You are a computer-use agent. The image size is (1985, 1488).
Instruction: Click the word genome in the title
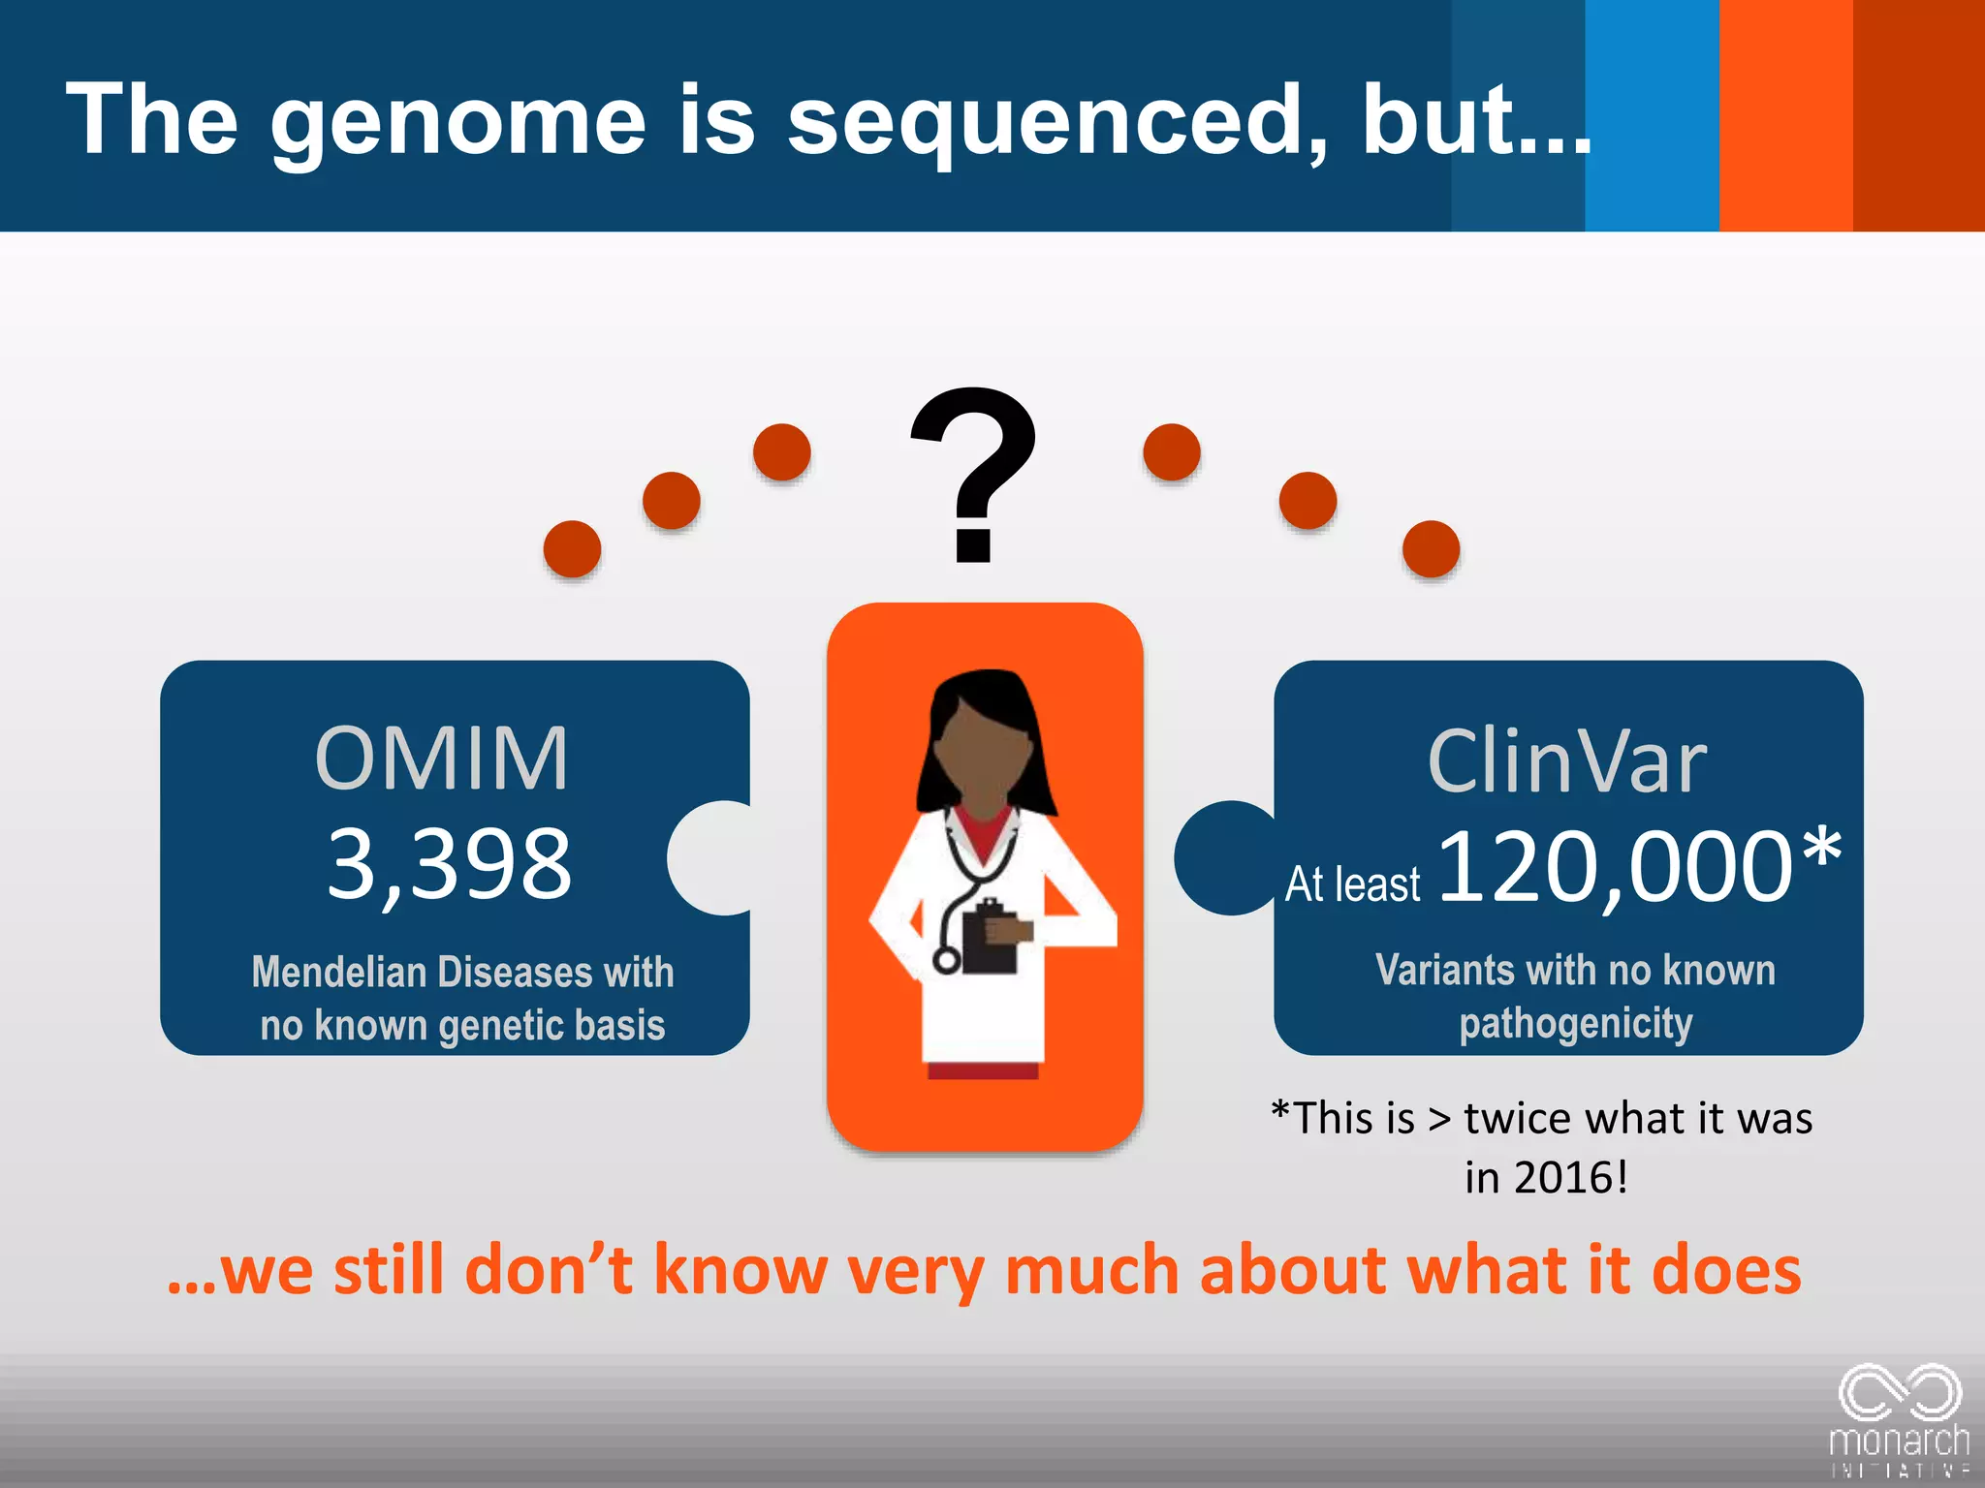pyautogui.click(x=457, y=122)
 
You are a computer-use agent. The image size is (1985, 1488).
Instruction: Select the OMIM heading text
pyautogui.click(x=442, y=759)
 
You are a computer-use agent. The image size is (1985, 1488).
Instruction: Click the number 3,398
pyautogui.click(x=449, y=863)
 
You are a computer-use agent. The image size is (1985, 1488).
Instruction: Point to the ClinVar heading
pyautogui.click(x=1567, y=762)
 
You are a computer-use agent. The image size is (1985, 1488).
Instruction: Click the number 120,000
pyautogui.click(x=1616, y=867)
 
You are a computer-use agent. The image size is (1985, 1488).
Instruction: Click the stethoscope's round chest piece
pyautogui.click(x=946, y=960)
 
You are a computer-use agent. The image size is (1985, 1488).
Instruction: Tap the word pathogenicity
pyautogui.click(x=1576, y=1024)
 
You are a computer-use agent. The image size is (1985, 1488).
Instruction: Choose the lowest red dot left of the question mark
pyautogui.click(x=572, y=549)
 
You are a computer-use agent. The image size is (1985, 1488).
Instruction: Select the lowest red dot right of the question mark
pyautogui.click(x=1431, y=549)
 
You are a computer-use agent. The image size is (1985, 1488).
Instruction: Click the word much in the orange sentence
pyautogui.click(x=1091, y=1270)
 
